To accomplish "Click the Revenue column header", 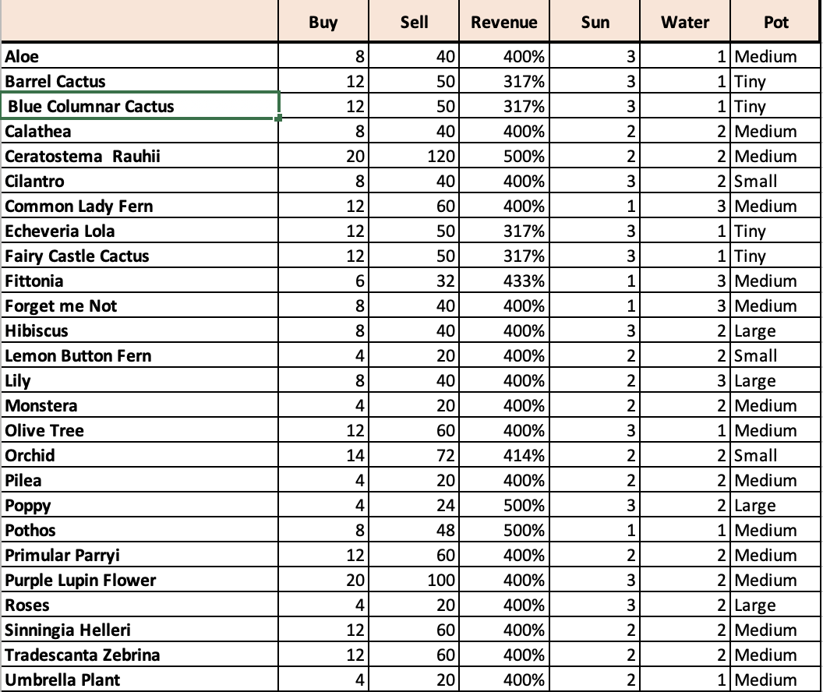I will pyautogui.click(x=503, y=23).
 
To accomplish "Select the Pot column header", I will pyautogui.click(x=776, y=23).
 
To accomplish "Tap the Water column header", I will pyautogui.click(x=685, y=23).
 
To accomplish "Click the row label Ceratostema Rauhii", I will pyautogui.click(x=83, y=157).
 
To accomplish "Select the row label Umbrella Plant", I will pyautogui.click(x=62, y=680).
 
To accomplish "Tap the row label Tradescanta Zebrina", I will pyautogui.click(x=82, y=655).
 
